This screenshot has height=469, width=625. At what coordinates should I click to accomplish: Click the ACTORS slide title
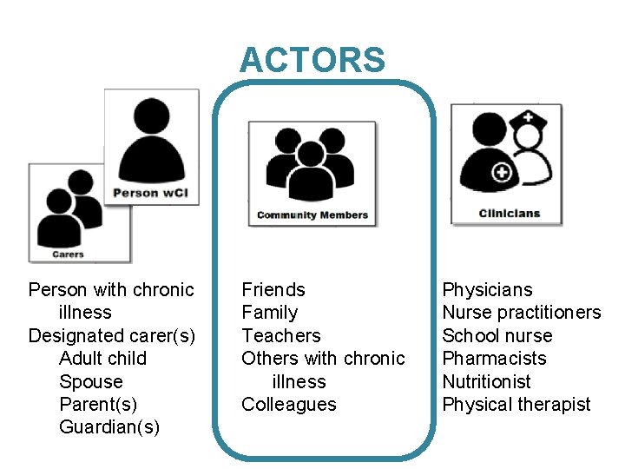coord(312,60)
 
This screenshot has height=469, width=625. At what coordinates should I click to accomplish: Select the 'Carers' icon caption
coord(68,254)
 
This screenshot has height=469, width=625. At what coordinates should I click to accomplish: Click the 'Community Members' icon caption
coord(312,215)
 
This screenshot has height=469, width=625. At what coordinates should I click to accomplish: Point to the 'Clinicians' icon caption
coord(509,214)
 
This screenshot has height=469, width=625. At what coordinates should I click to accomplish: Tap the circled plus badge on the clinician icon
coord(501,173)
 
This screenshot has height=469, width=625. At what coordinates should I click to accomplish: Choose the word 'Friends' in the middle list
coord(273,289)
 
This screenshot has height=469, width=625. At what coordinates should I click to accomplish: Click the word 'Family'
coord(269,313)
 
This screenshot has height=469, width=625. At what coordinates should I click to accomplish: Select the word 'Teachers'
coord(280,335)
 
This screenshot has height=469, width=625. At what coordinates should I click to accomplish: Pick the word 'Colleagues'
coord(288,405)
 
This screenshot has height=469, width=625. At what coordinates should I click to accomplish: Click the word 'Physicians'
coord(487,289)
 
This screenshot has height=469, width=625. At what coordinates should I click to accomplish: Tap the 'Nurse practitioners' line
coord(521,313)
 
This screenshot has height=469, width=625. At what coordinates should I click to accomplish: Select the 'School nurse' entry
coord(497,335)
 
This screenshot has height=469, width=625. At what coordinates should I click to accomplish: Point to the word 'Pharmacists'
coord(494,359)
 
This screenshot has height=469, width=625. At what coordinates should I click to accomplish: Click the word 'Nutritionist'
coord(486,381)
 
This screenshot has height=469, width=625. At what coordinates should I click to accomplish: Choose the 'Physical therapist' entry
coord(516,405)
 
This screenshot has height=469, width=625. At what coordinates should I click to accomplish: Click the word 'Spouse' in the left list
coord(90,381)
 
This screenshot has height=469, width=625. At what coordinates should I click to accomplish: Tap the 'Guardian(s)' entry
coord(109,427)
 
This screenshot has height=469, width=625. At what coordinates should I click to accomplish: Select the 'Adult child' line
coord(102,359)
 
